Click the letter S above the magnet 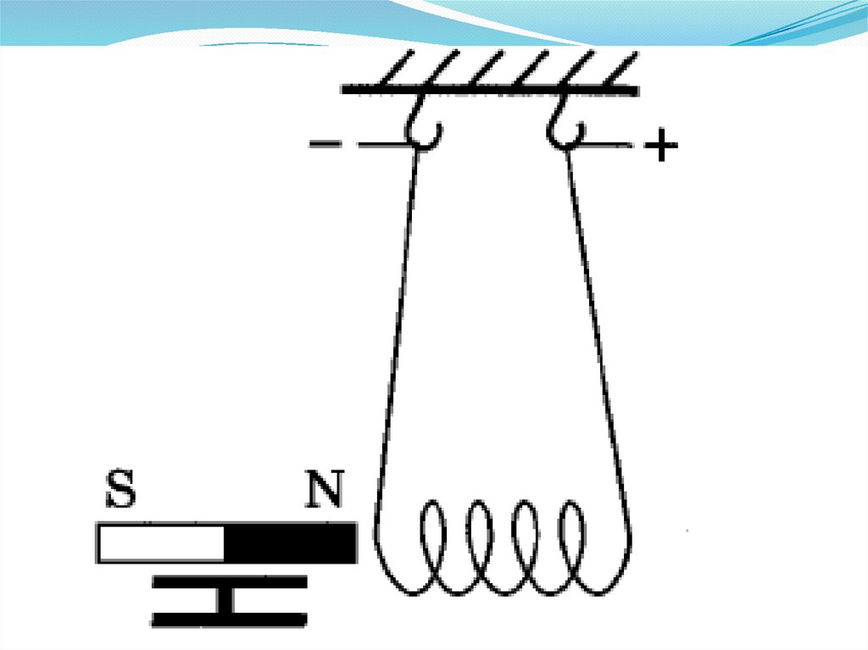(120, 489)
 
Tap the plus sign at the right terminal (661, 148)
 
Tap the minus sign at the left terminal (323, 145)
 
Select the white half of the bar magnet (161, 543)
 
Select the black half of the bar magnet (290, 543)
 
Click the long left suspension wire (397, 331)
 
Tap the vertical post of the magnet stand (226, 600)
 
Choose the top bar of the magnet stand (228, 582)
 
